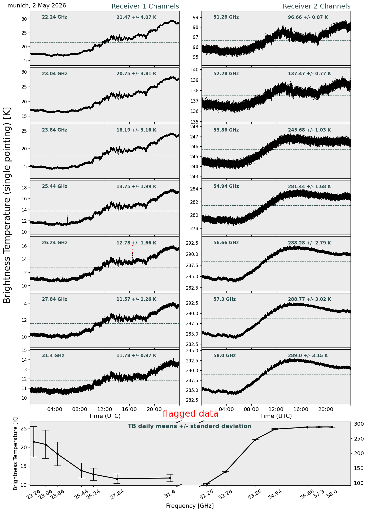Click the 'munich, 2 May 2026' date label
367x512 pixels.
pyautogui.click(x=37, y=6)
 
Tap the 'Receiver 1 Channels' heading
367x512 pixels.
pyautogui.click(x=145, y=6)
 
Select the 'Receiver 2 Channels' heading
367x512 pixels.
pyautogui.click(x=316, y=6)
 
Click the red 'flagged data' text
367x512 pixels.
pyautogui.click(x=190, y=414)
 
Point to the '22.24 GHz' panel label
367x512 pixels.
pyautogui.click(x=55, y=17)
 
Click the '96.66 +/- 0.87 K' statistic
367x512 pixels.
pyautogui.click(x=308, y=18)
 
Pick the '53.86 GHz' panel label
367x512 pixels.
pyautogui.click(x=226, y=130)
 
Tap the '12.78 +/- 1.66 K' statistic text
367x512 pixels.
pyautogui.click(x=136, y=243)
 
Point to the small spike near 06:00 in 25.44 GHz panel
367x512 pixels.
pyautogui.click(x=67, y=219)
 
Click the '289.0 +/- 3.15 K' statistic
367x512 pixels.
pyautogui.click(x=308, y=356)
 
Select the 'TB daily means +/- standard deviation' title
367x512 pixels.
pyautogui.click(x=190, y=426)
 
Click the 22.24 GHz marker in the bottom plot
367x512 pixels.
pyautogui.click(x=34, y=442)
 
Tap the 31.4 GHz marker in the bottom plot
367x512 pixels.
pyautogui.click(x=170, y=478)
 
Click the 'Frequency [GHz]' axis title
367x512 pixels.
pyautogui.click(x=190, y=506)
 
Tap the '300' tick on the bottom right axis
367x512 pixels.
pyautogui.click(x=357, y=424)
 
